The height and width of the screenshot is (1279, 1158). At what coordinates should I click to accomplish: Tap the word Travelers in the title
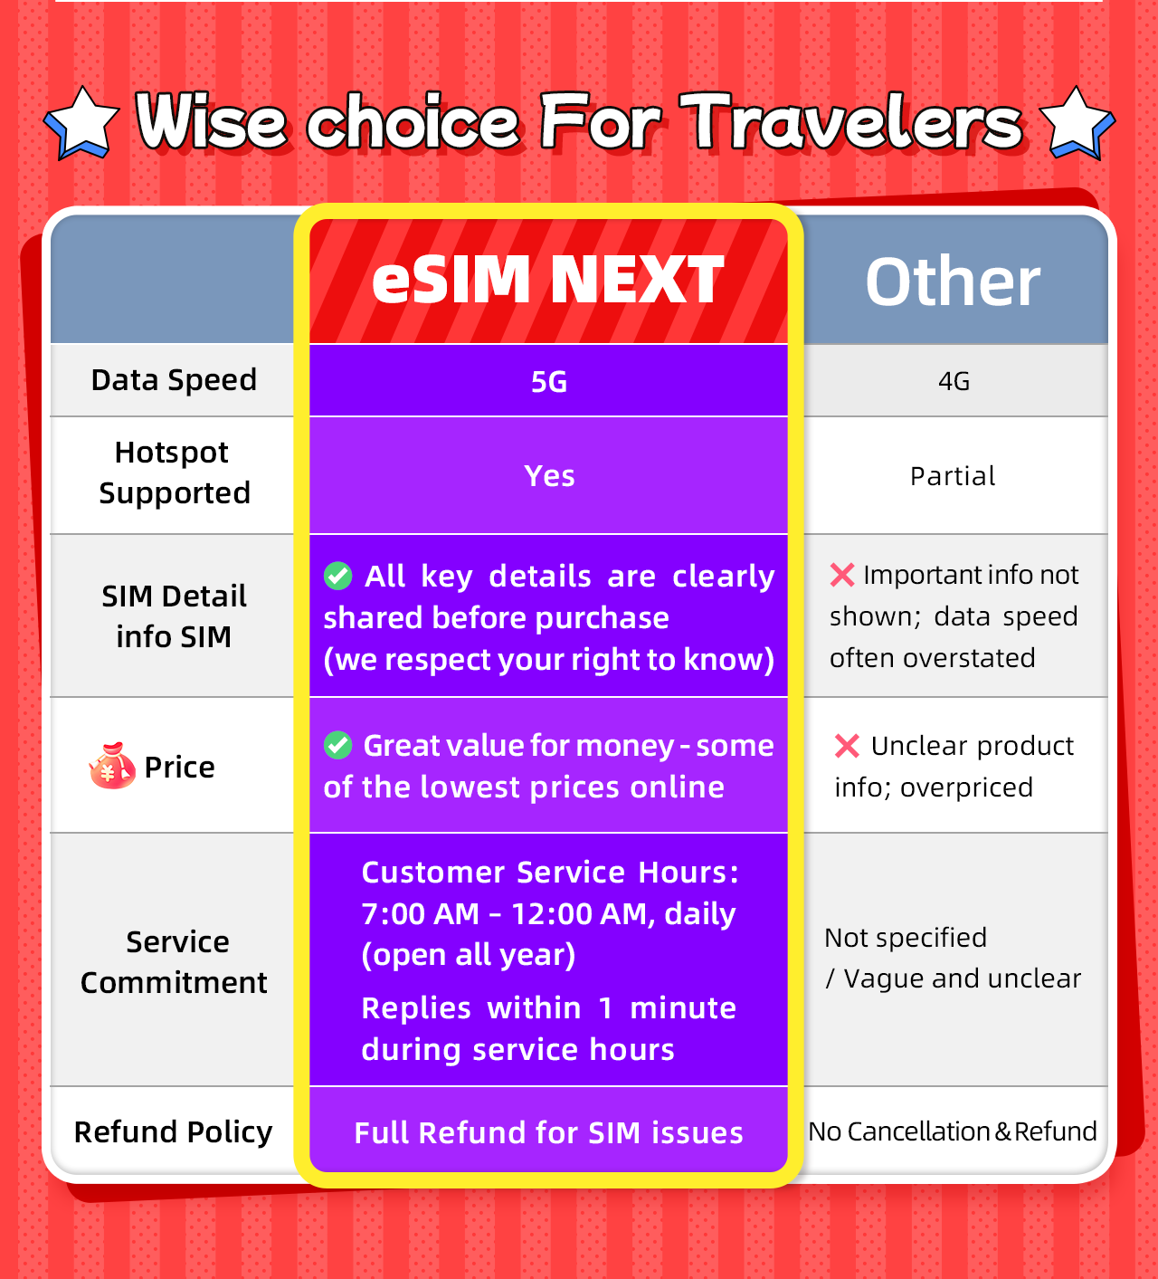tap(851, 121)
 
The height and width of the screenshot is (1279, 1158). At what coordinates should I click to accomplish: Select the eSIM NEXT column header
tap(548, 280)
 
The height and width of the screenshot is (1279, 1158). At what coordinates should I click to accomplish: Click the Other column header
tap(953, 282)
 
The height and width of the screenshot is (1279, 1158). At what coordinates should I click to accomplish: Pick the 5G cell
tap(548, 381)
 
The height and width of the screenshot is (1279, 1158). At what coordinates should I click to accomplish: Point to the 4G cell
tap(954, 381)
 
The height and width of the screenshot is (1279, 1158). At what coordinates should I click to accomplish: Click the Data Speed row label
tap(174, 380)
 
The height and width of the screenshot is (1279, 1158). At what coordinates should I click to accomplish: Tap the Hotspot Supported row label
tap(174, 472)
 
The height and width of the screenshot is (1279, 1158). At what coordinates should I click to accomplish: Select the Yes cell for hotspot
tap(548, 475)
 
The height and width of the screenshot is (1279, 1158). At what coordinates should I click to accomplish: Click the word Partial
tap(953, 476)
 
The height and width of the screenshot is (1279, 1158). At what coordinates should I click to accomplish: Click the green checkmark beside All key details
tap(338, 576)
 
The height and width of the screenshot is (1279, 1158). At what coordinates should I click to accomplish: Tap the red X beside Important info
tap(842, 575)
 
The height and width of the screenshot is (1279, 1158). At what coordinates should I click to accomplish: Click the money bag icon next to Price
tap(112, 766)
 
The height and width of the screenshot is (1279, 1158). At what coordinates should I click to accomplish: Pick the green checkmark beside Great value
tap(338, 745)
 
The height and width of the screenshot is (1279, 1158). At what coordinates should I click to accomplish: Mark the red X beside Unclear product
tap(847, 746)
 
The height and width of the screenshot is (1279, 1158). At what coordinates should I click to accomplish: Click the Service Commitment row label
tap(174, 961)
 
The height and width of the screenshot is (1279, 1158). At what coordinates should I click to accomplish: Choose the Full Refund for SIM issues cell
tap(548, 1132)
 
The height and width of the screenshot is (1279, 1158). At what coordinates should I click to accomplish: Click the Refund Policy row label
tap(173, 1131)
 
